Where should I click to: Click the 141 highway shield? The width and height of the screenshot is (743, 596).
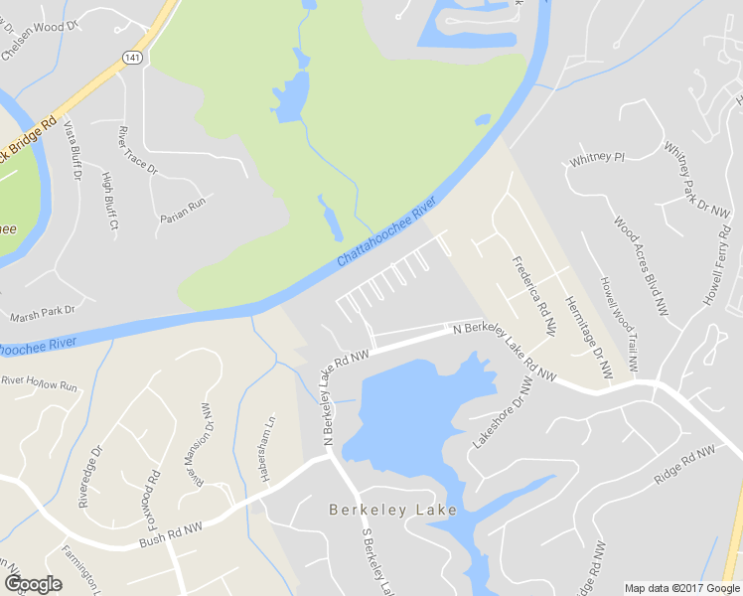[x=132, y=59]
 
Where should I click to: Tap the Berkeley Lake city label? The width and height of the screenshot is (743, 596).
[x=393, y=510]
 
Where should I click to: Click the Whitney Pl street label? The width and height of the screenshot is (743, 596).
[x=597, y=157]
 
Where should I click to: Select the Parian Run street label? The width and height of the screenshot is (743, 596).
[x=183, y=209]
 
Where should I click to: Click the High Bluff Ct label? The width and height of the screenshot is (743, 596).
[x=110, y=202]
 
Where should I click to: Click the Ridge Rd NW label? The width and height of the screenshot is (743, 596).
[x=684, y=465]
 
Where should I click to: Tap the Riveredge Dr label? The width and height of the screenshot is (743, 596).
[x=90, y=477]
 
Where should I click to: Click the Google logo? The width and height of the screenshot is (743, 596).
[x=33, y=584]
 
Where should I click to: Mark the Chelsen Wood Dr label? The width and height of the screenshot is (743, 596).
[x=40, y=39]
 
